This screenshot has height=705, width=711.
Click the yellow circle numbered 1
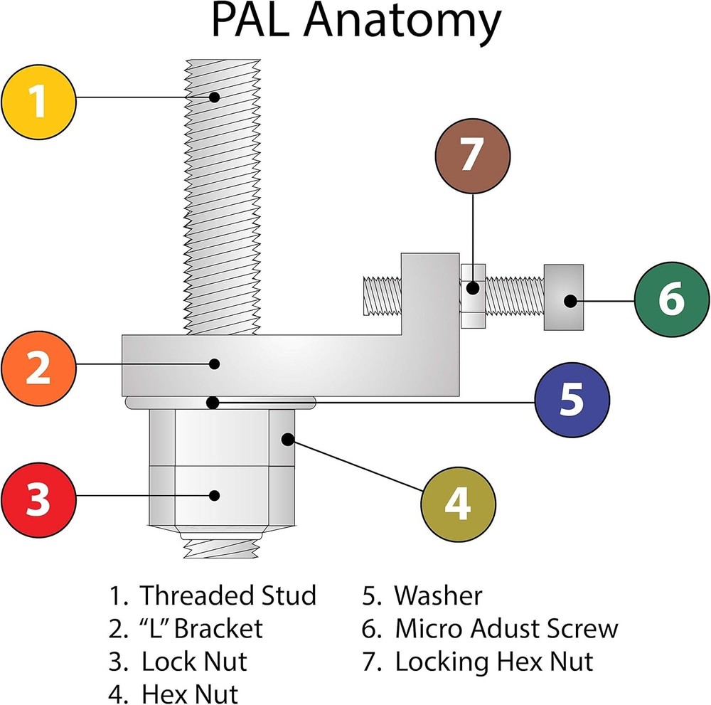(38, 101)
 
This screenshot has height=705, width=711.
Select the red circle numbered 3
(38, 500)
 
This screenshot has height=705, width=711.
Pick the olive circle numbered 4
(458, 504)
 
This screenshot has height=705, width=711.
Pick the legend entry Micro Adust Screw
(506, 628)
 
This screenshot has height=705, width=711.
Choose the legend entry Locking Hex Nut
(493, 662)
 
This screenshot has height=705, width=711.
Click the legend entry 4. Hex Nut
(174, 693)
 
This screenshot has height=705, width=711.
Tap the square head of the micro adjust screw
(565, 297)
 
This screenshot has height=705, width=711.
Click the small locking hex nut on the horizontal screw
(473, 297)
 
